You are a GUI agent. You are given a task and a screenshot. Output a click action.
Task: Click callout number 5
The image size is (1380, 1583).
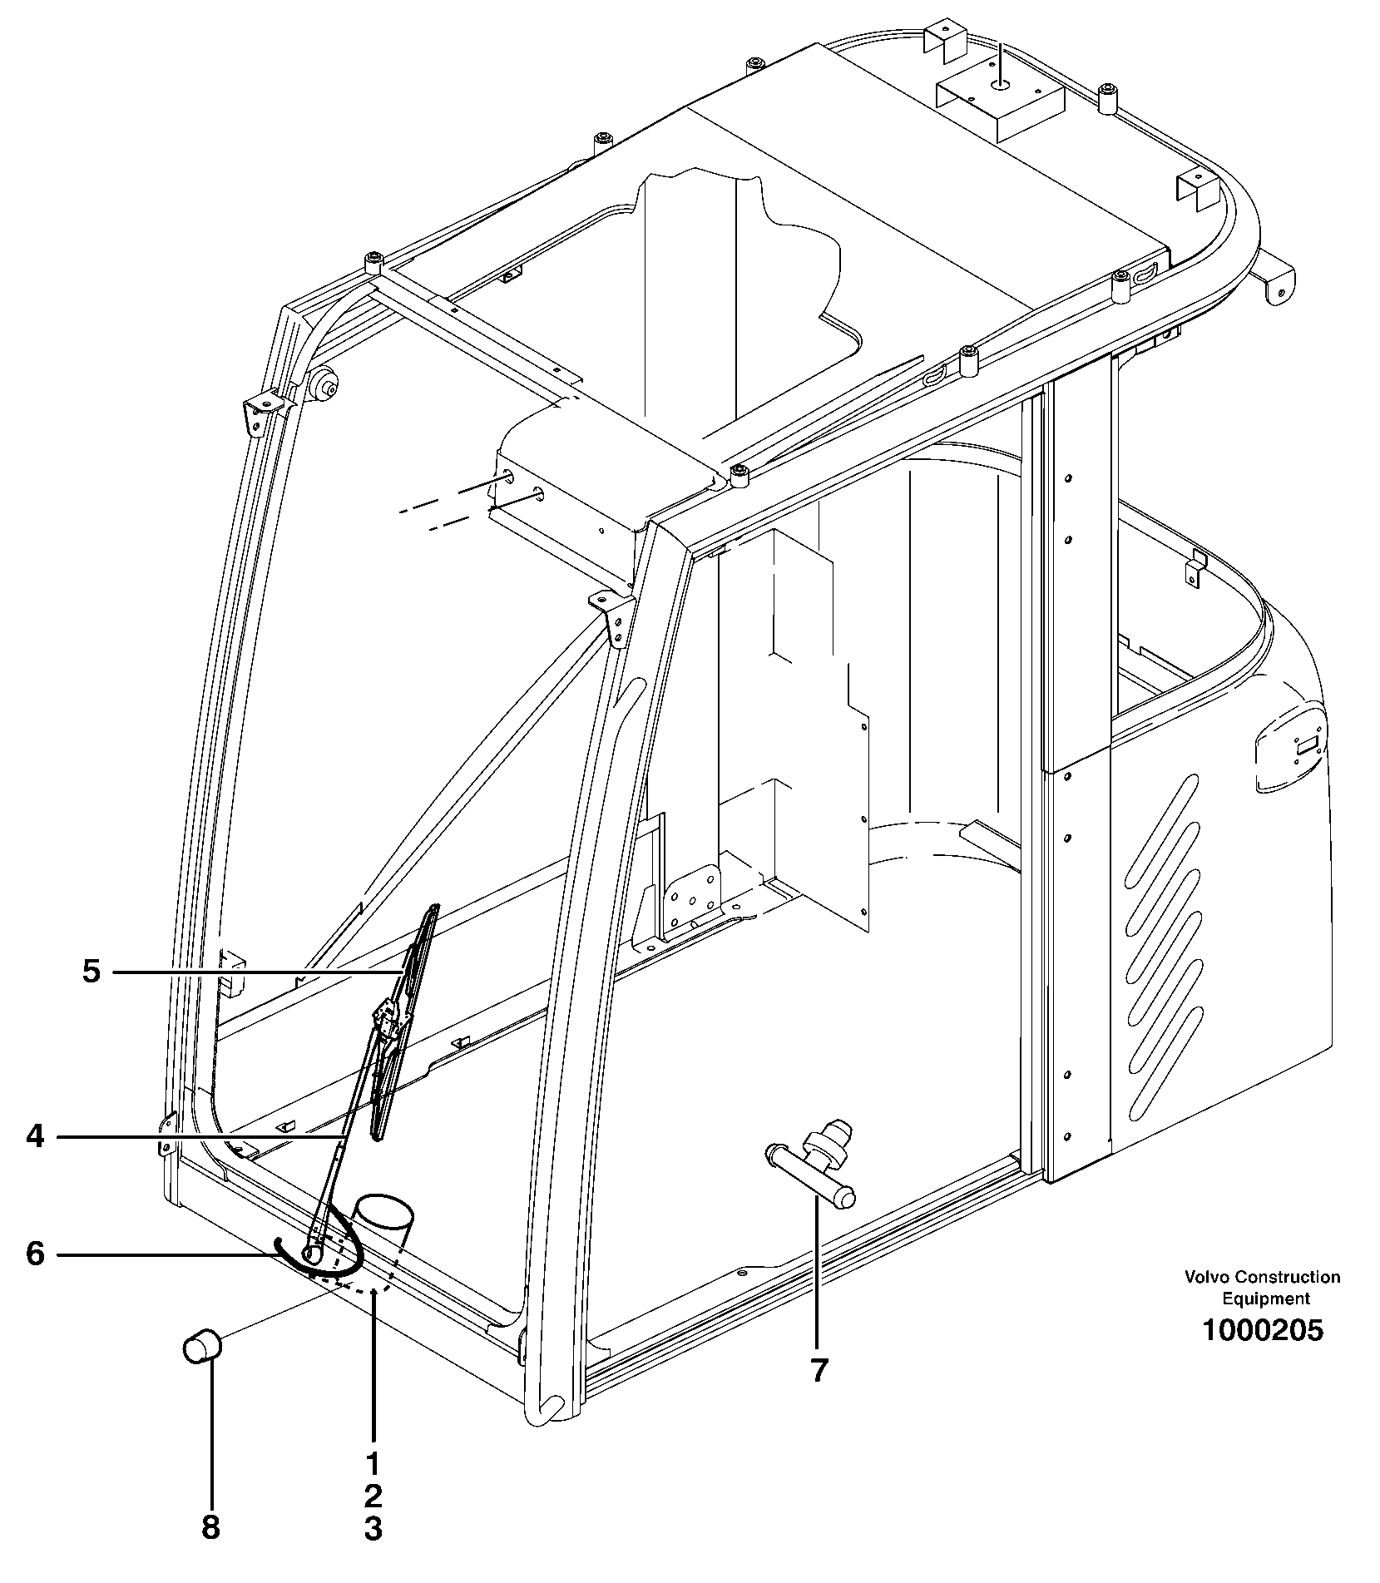click(91, 971)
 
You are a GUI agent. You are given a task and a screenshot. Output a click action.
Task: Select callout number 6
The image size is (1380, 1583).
click(34, 1254)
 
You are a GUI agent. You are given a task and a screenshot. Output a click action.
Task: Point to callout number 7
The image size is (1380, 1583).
click(819, 1370)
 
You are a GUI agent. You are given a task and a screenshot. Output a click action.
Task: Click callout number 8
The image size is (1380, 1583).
click(210, 1526)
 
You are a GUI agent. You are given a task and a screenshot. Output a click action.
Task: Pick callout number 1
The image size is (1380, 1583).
click(373, 1462)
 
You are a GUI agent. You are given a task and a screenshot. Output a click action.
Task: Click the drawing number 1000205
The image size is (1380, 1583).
click(1262, 1330)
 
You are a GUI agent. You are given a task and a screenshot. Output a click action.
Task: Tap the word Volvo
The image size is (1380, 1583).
click(1208, 1277)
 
